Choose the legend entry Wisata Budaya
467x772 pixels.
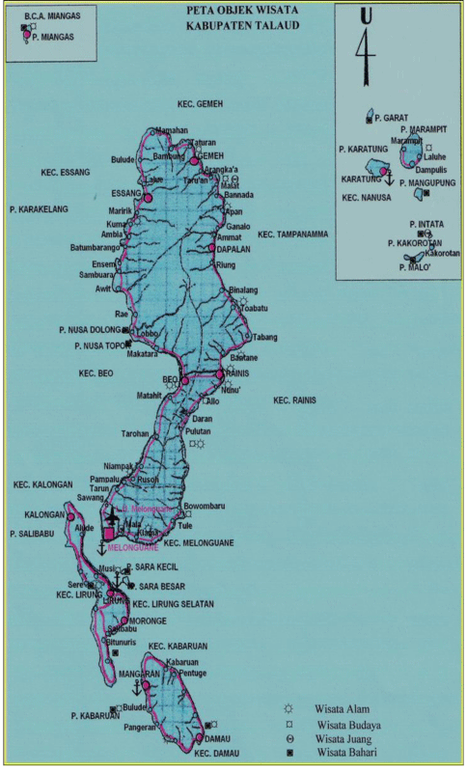348,724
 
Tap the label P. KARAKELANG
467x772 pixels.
40,207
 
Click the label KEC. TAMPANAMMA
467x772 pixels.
293,234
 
